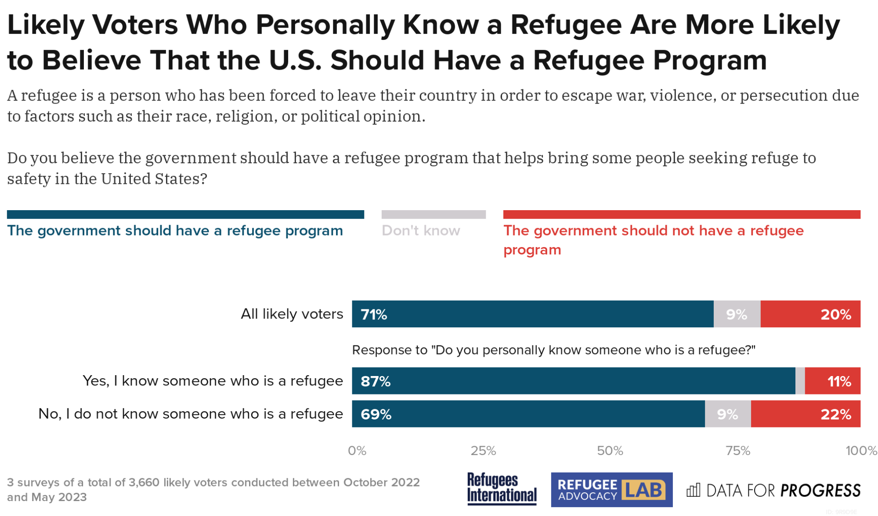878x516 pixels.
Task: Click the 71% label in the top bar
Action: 374,315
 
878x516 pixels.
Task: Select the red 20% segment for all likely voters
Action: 810,314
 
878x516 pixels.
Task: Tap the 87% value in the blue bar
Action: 376,381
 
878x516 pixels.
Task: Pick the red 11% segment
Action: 833,381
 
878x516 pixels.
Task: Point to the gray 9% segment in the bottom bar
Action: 728,414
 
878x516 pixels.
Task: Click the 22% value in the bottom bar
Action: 836,414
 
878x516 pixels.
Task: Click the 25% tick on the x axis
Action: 483,451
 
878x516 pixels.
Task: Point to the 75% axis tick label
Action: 738,451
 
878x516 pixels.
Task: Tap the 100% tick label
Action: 861,451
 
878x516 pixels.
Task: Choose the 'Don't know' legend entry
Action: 421,231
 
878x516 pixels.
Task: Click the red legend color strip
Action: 681,215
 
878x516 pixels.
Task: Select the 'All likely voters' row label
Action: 292,314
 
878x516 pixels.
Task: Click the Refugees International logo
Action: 502,488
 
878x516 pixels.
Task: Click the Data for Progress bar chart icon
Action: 694,490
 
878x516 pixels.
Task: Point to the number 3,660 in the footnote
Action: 144,483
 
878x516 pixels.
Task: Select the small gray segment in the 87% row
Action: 800,381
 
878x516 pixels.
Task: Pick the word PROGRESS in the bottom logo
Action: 820,491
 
